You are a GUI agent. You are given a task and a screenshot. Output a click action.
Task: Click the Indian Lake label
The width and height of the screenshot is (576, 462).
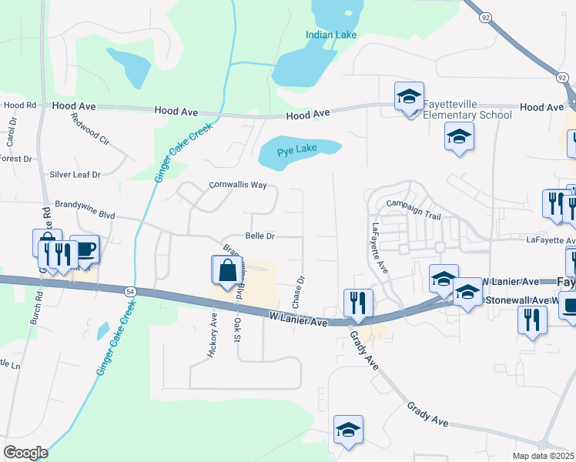331,35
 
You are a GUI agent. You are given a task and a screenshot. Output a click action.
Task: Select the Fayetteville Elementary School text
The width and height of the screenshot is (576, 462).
467,110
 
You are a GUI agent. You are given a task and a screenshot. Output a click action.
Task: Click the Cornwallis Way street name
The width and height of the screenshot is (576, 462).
238,186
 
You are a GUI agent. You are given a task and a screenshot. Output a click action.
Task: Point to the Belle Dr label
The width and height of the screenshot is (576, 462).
260,236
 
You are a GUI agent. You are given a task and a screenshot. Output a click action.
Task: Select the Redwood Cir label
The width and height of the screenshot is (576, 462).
91,129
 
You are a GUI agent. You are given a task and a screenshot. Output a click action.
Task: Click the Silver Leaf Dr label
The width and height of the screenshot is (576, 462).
75,175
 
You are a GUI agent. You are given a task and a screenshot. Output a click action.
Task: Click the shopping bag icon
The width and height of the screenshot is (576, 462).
226,272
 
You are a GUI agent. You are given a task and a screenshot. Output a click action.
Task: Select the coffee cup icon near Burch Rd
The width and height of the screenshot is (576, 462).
85,249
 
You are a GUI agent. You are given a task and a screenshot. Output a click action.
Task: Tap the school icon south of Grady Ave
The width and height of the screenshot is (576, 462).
348,430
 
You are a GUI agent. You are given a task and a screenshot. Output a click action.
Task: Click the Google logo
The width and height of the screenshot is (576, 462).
25,453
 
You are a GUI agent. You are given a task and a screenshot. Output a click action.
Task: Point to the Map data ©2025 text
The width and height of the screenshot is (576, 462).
544,456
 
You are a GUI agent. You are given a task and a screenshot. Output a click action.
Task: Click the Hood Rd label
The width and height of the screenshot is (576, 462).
20,105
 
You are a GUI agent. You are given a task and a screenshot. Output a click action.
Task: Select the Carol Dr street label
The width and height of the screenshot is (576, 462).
11,133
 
